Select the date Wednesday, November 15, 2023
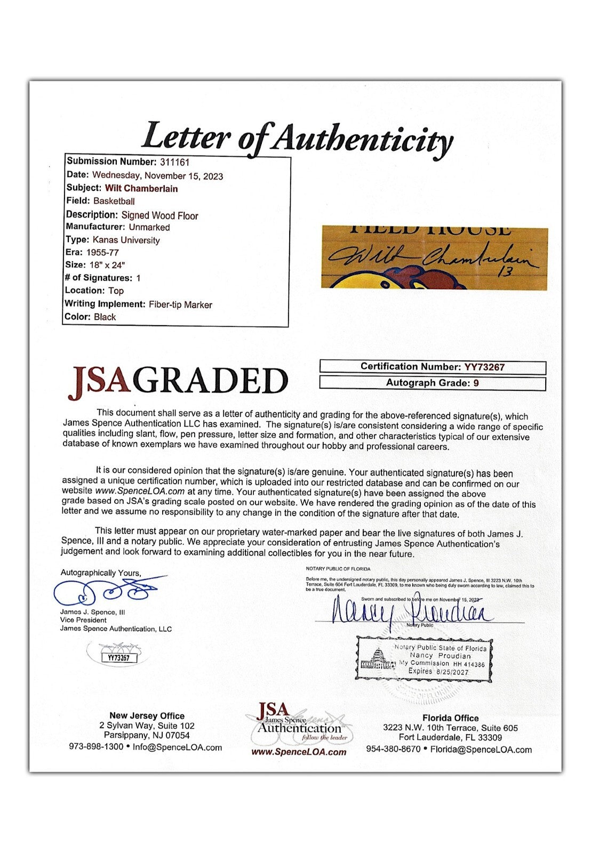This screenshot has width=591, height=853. click(157, 175)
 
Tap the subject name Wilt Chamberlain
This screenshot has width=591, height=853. click(141, 188)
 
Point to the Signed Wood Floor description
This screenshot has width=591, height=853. click(159, 215)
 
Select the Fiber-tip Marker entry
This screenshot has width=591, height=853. click(180, 304)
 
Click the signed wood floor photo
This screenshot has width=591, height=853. click(434, 258)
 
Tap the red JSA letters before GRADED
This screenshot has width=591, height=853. click(98, 380)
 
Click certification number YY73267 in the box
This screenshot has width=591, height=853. click(484, 367)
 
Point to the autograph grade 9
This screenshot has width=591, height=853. click(476, 383)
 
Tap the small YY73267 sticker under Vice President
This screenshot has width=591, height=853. click(118, 657)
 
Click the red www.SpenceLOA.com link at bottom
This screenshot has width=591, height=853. click(298, 752)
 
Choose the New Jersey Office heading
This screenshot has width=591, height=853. click(147, 716)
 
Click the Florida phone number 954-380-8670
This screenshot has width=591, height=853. click(393, 749)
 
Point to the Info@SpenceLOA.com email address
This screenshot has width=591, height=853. click(177, 747)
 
